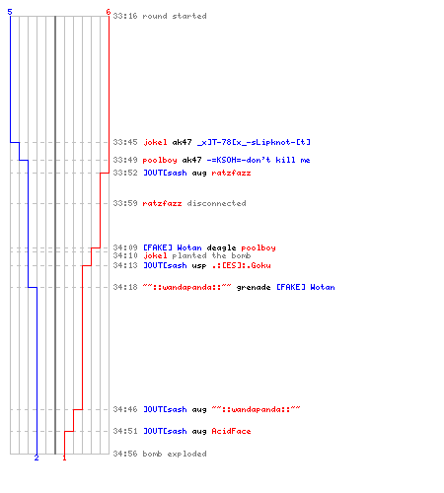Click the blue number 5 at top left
10,12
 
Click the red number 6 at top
108,12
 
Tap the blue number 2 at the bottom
37,458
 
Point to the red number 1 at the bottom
64,458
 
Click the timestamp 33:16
125,16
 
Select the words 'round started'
175,16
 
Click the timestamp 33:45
125,142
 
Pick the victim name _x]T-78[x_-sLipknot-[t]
254,142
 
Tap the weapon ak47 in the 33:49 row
191,160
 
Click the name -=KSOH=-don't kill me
259,160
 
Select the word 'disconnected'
216,203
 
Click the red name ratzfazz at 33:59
162,203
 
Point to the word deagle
221,247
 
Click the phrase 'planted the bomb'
211,255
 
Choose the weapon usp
199,265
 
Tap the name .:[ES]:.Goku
242,265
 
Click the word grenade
254,287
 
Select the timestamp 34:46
125,409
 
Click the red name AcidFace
231,431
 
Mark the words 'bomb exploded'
175,454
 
